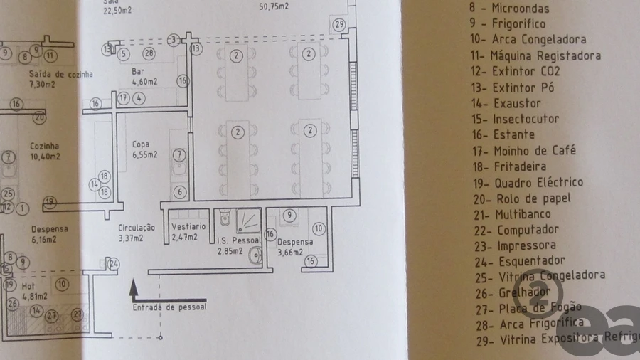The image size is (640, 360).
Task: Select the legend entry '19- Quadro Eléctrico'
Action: click(x=528, y=182)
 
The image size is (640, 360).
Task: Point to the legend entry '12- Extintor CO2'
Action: click(x=516, y=72)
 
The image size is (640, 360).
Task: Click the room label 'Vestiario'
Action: click(x=189, y=226)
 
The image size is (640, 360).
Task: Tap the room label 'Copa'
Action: click(x=141, y=144)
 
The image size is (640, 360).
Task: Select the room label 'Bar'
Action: click(x=139, y=72)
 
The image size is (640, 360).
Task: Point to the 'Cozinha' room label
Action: click(x=45, y=146)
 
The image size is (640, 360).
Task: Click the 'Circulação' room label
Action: click(x=137, y=228)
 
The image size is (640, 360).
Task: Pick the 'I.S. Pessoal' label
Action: click(x=238, y=242)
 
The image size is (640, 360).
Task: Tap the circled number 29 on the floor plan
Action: click(x=339, y=25)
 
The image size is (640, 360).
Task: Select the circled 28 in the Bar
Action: click(x=149, y=53)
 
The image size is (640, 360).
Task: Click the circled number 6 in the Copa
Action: click(x=180, y=192)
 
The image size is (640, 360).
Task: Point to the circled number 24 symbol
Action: click(x=114, y=264)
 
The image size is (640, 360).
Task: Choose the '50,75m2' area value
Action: click(x=274, y=7)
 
